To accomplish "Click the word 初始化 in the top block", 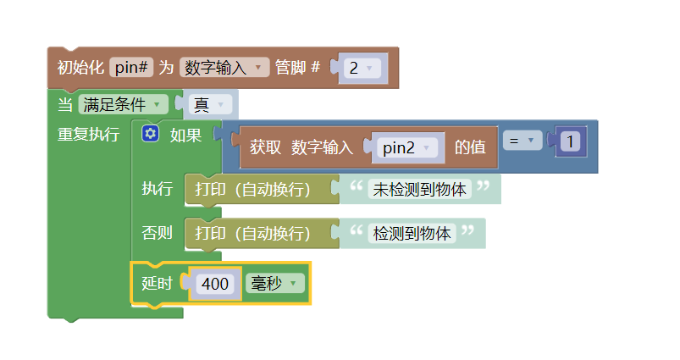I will (80, 68).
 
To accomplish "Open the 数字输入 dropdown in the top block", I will (224, 68).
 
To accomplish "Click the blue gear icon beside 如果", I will (151, 134).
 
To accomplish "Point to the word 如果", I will (185, 134).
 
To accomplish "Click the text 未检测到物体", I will (420, 189).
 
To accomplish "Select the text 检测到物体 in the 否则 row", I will (412, 233).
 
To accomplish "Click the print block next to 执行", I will (252, 189).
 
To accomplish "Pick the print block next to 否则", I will (252, 233).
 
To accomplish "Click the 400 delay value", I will (215, 284).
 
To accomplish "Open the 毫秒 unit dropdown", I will (274, 284).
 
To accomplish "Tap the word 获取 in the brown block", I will (265, 147).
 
